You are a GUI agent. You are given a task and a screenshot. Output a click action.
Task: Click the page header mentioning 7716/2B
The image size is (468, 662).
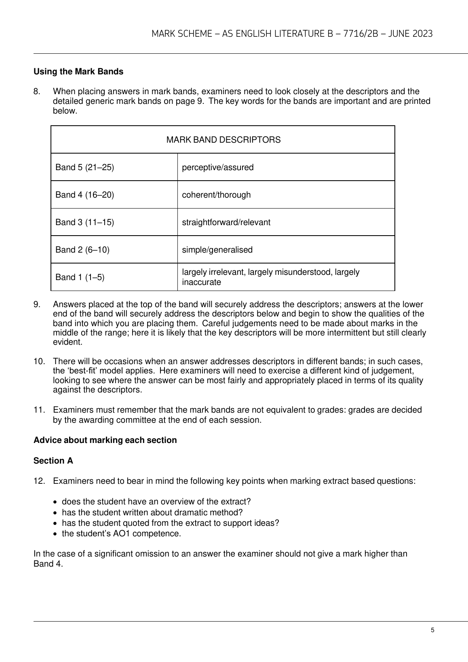[292, 34]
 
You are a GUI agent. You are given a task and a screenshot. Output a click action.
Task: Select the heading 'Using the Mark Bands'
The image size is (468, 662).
[78, 72]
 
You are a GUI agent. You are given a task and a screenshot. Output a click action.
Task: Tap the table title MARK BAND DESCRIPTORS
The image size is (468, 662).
[223, 140]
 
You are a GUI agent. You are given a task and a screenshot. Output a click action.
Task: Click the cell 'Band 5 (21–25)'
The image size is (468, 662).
[85, 167]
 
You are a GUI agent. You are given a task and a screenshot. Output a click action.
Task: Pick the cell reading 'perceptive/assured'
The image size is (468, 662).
[218, 167]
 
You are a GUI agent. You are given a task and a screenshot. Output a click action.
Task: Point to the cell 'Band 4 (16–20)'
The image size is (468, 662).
[85, 195]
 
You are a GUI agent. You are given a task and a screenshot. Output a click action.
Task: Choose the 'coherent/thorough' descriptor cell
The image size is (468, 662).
[216, 195]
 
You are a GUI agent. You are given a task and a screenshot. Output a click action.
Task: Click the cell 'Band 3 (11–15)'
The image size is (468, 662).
[85, 222]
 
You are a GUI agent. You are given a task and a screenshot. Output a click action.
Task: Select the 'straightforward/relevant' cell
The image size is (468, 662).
[226, 222]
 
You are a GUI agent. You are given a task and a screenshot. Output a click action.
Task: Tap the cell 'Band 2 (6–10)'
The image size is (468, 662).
[82, 250]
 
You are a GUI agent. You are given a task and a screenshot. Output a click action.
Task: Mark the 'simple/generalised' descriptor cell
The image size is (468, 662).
[217, 250]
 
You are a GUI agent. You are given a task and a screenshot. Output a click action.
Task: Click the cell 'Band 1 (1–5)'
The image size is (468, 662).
[80, 277]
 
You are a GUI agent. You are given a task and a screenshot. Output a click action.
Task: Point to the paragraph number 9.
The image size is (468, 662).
[37, 304]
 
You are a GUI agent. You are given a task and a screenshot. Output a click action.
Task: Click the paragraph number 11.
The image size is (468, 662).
[38, 410]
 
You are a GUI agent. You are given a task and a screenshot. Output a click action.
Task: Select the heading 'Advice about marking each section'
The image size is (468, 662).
[105, 440]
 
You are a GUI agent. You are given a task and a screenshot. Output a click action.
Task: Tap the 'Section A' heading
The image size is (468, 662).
[53, 461]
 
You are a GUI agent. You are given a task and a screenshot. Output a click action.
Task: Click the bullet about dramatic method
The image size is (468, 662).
[152, 512]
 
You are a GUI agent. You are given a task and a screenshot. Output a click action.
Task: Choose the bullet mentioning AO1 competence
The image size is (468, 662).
[121, 533]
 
